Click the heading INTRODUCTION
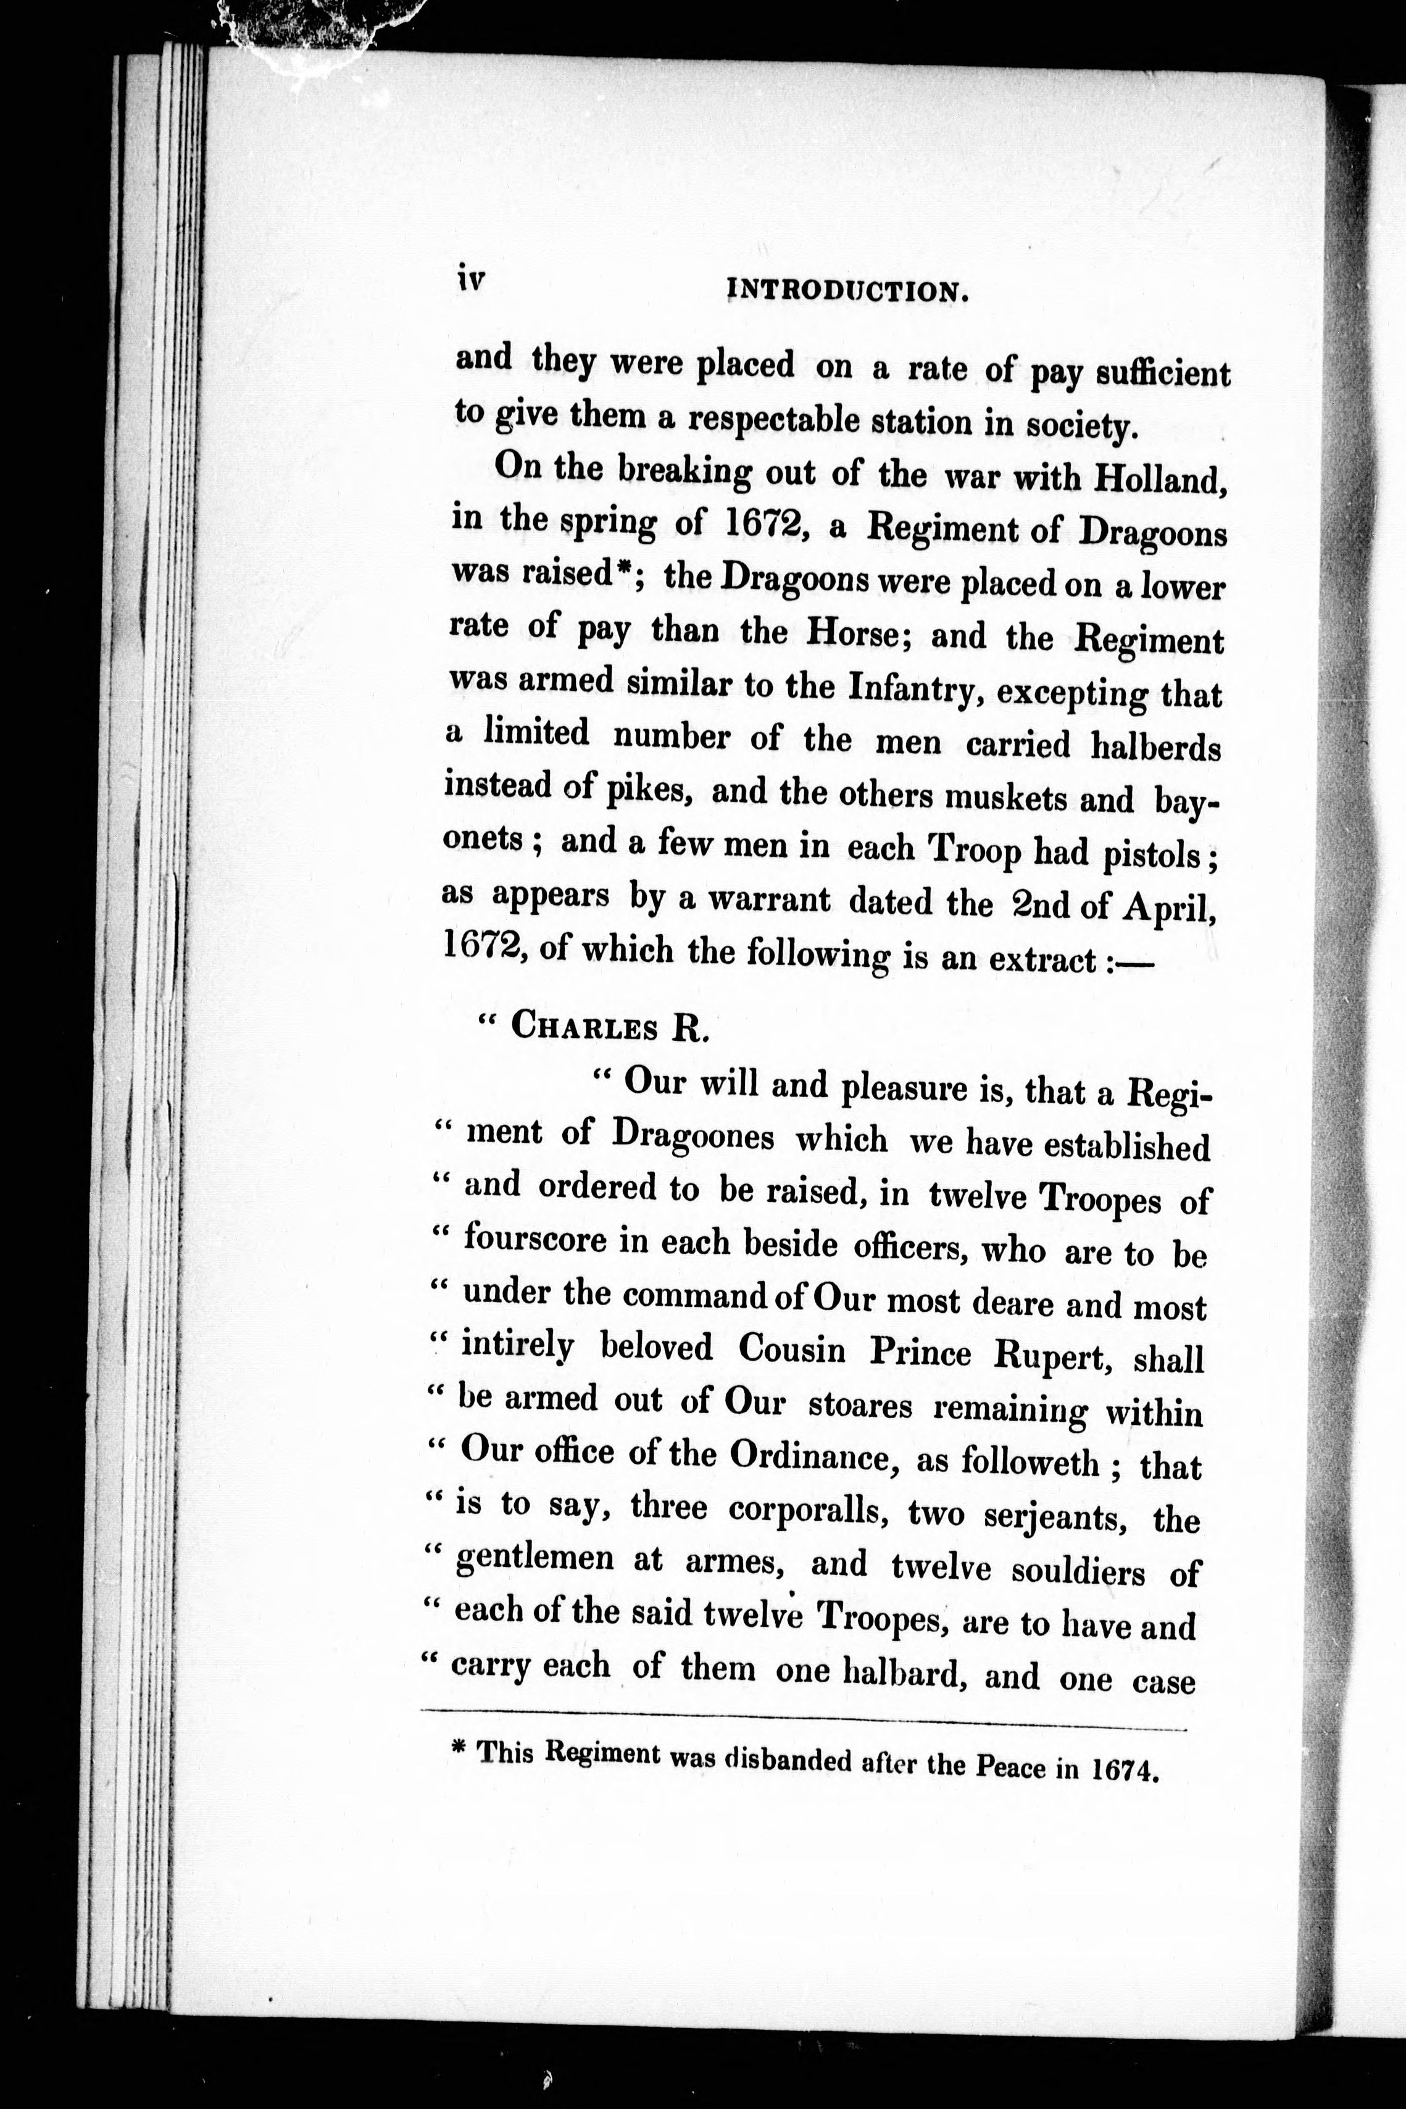click(848, 291)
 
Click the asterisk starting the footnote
click(460, 1750)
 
